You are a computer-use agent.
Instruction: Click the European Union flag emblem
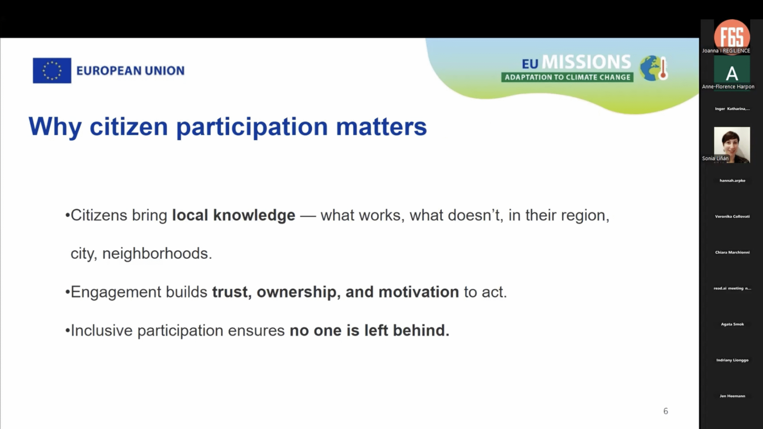click(52, 71)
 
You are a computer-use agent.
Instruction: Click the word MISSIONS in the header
click(586, 62)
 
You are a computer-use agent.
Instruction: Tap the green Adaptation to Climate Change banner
click(567, 77)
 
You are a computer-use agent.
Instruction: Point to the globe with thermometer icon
click(654, 68)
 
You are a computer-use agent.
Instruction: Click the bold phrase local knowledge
click(234, 215)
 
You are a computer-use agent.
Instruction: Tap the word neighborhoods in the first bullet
click(157, 253)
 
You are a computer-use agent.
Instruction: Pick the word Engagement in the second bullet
click(116, 292)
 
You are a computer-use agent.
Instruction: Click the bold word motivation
click(418, 292)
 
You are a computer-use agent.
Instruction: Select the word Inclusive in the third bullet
click(102, 330)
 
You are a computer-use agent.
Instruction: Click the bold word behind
click(421, 330)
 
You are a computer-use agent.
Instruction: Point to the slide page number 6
click(666, 411)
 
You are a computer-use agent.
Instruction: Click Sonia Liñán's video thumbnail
click(732, 145)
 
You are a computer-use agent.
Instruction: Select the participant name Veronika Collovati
click(732, 216)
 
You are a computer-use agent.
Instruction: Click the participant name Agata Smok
click(732, 324)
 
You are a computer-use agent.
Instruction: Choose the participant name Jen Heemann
click(732, 396)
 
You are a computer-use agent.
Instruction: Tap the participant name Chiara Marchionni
click(732, 252)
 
